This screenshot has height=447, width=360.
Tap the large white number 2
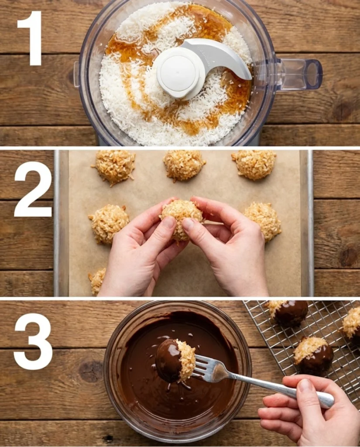(33, 189)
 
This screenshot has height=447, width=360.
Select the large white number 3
(33, 341)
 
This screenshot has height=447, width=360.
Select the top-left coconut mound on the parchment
(115, 167)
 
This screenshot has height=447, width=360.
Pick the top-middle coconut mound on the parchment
(184, 165)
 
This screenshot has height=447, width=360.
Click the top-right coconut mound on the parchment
(254, 164)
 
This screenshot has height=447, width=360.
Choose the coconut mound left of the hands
(109, 223)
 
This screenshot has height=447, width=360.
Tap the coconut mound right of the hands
(263, 221)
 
